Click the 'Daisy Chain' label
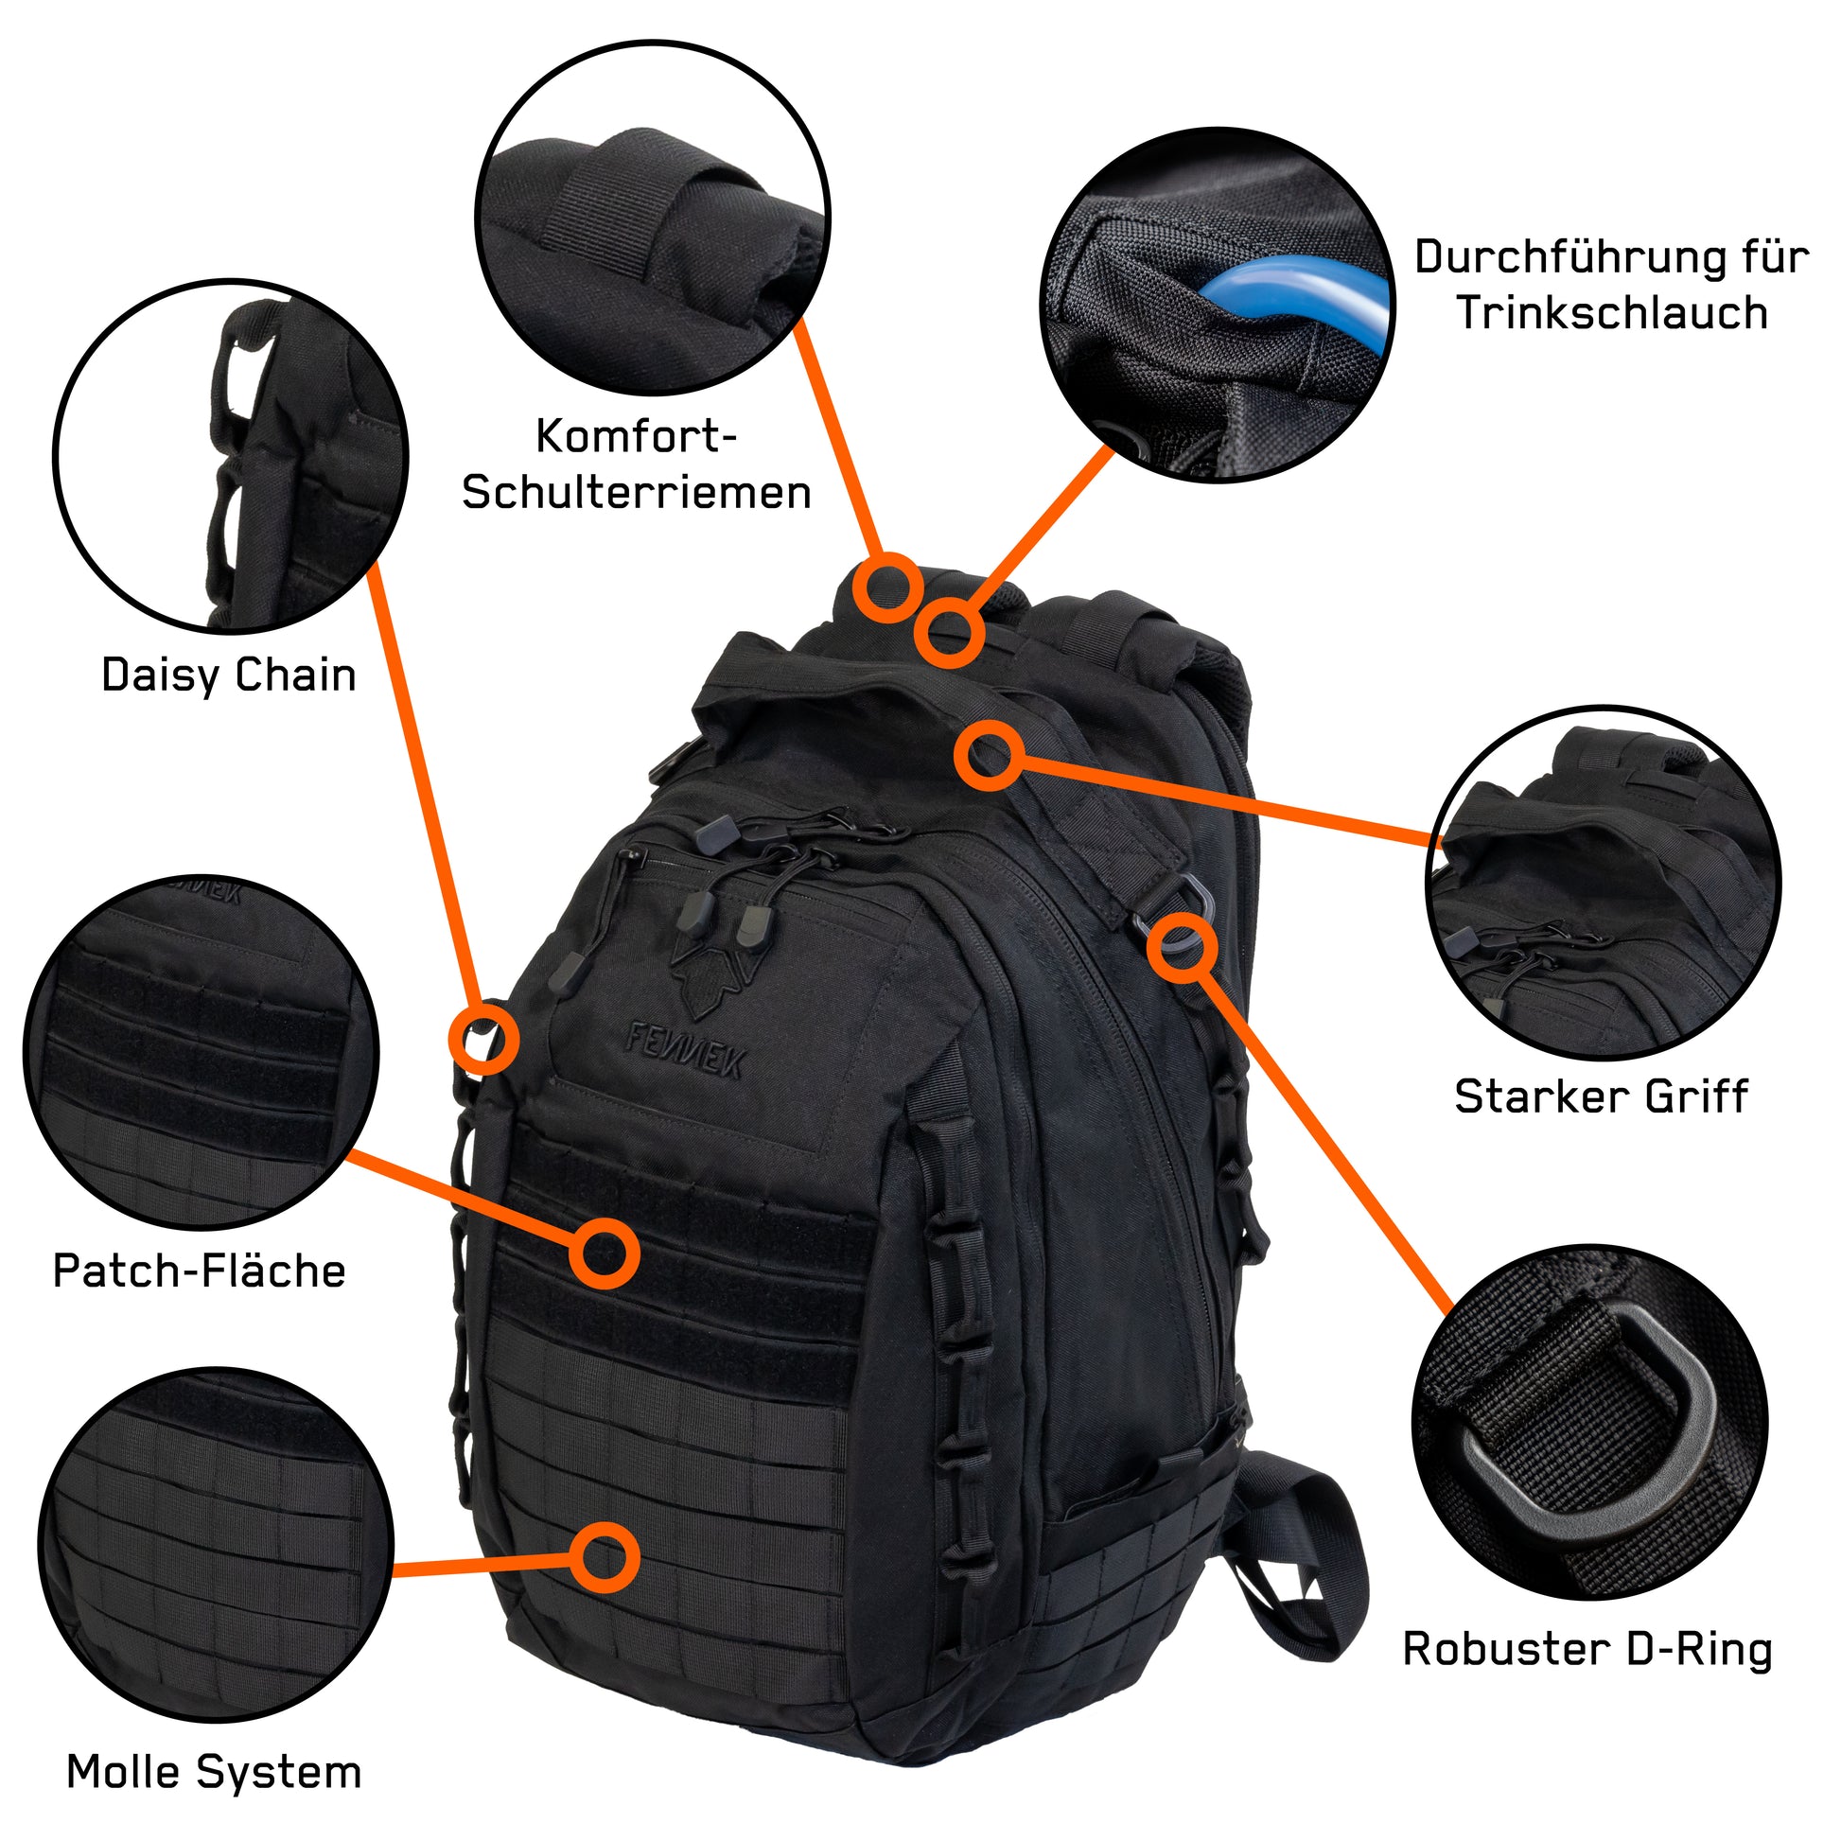coord(229,675)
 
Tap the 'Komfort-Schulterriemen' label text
coord(637,465)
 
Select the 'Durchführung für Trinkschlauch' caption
coord(1611,285)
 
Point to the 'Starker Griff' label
coord(1601,1096)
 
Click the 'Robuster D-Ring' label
coord(1587,1650)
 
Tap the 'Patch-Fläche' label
coord(200,1271)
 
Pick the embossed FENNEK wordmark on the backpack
coord(685,1049)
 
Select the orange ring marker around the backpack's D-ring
coord(1182,948)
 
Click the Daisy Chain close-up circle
coord(232,456)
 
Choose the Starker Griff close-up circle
coord(1603,883)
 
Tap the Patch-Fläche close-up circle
coord(202,1052)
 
